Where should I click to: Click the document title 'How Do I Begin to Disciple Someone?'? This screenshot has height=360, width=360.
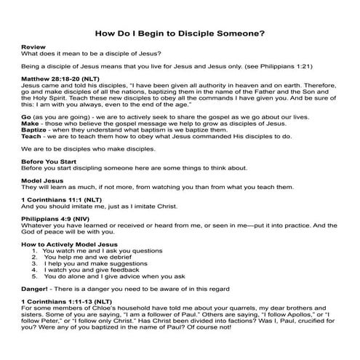pyautogui.click(x=180, y=33)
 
